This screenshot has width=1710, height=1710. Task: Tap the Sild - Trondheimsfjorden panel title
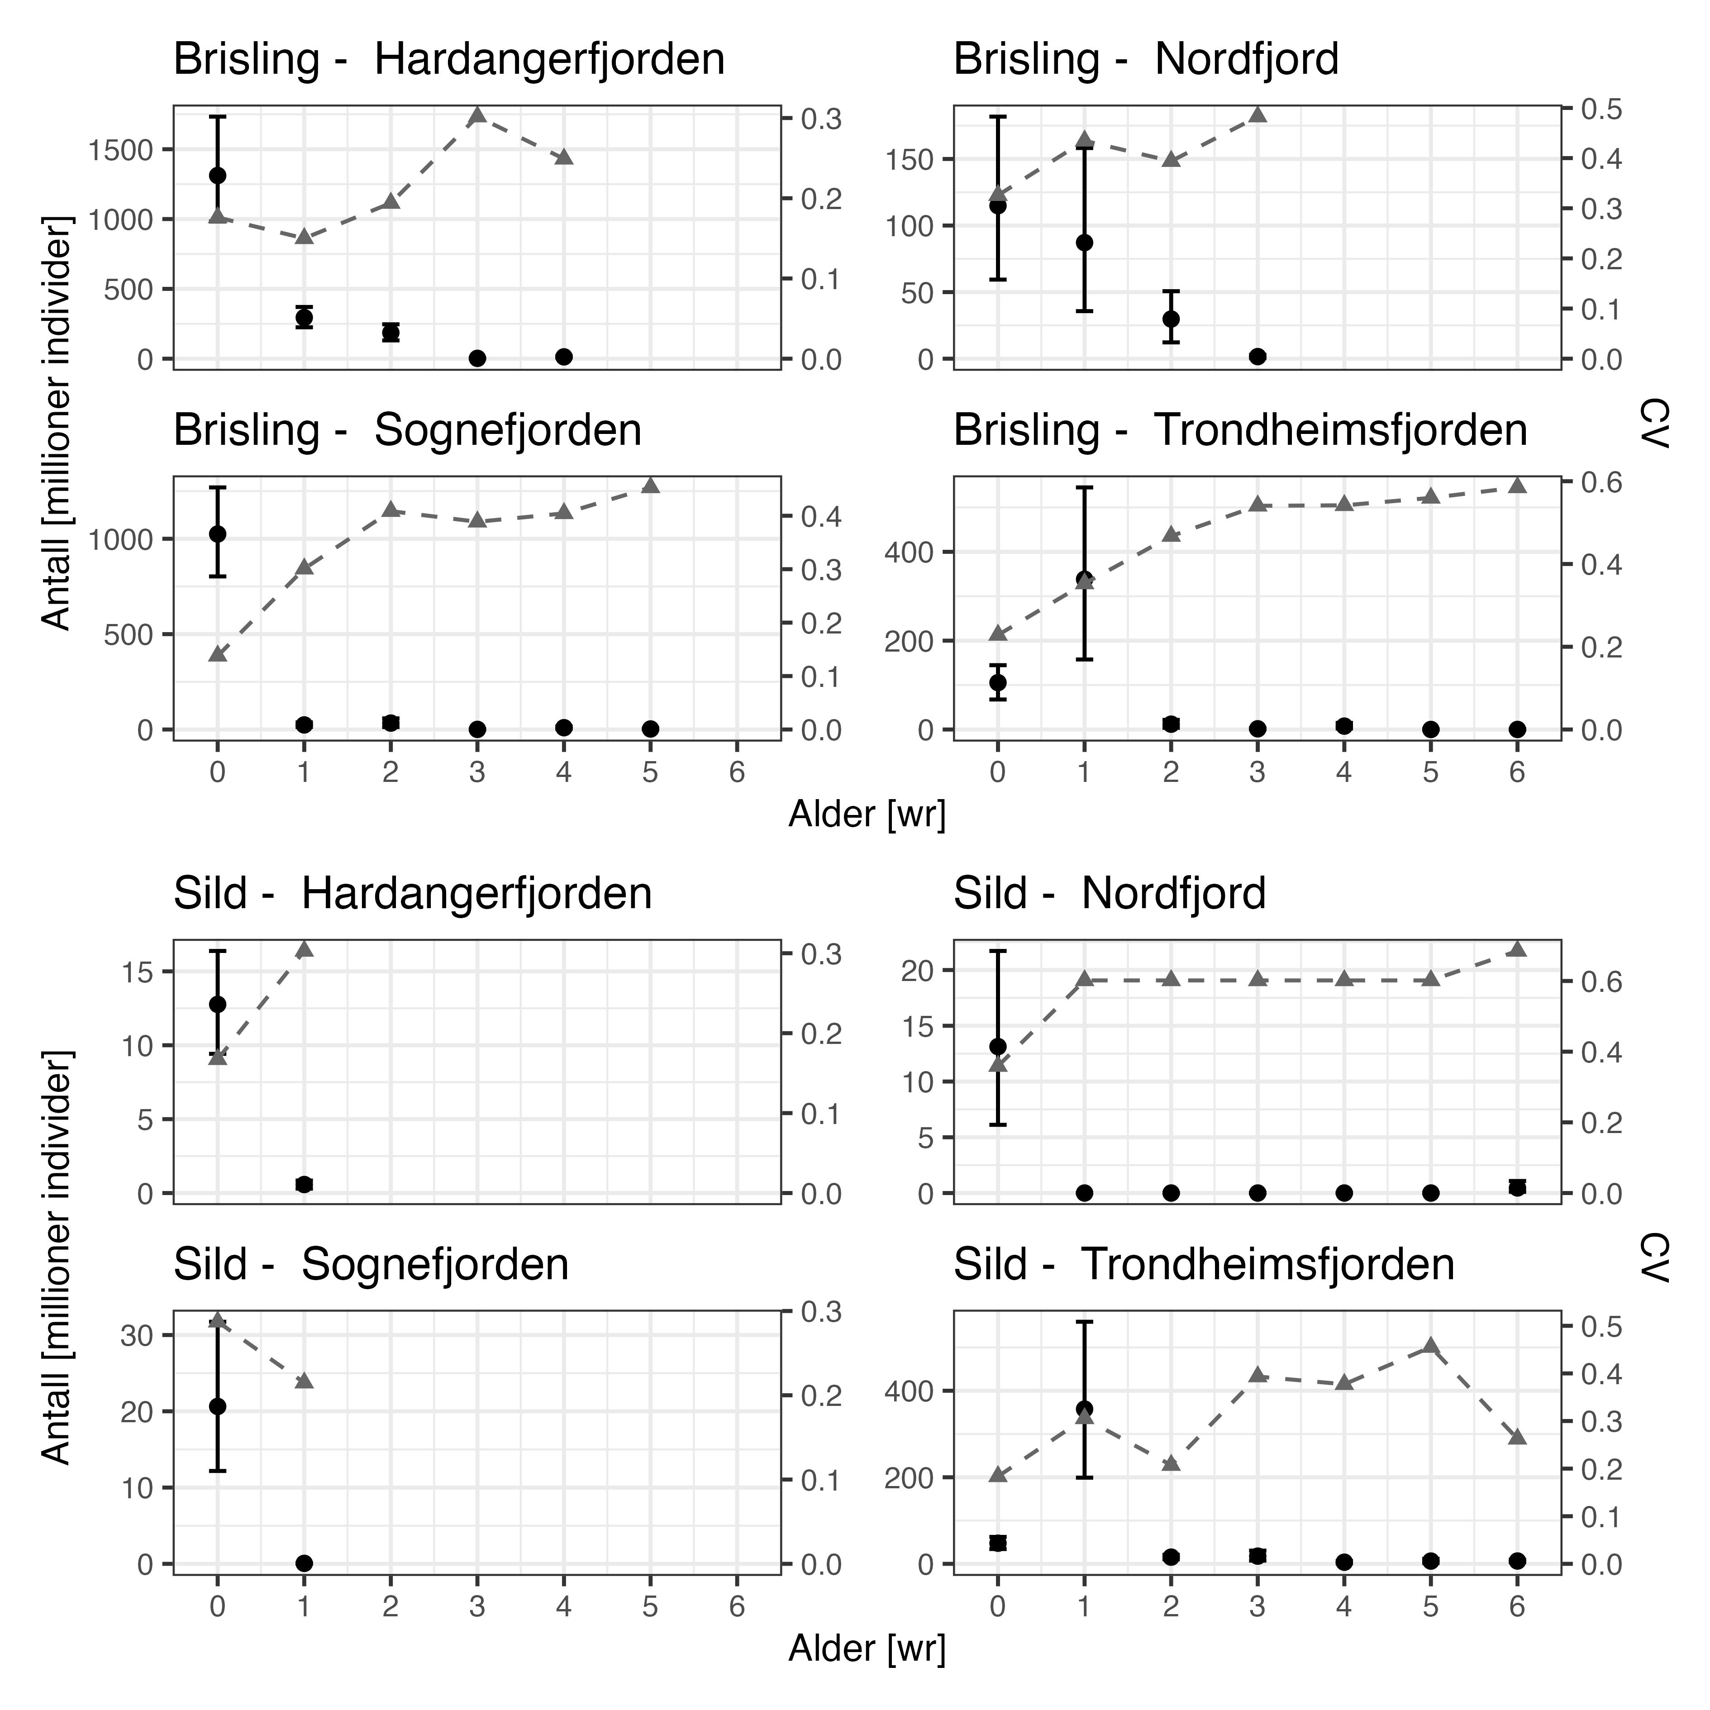pyautogui.click(x=1204, y=1265)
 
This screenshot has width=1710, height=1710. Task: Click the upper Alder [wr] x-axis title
pyautogui.click(x=867, y=815)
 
